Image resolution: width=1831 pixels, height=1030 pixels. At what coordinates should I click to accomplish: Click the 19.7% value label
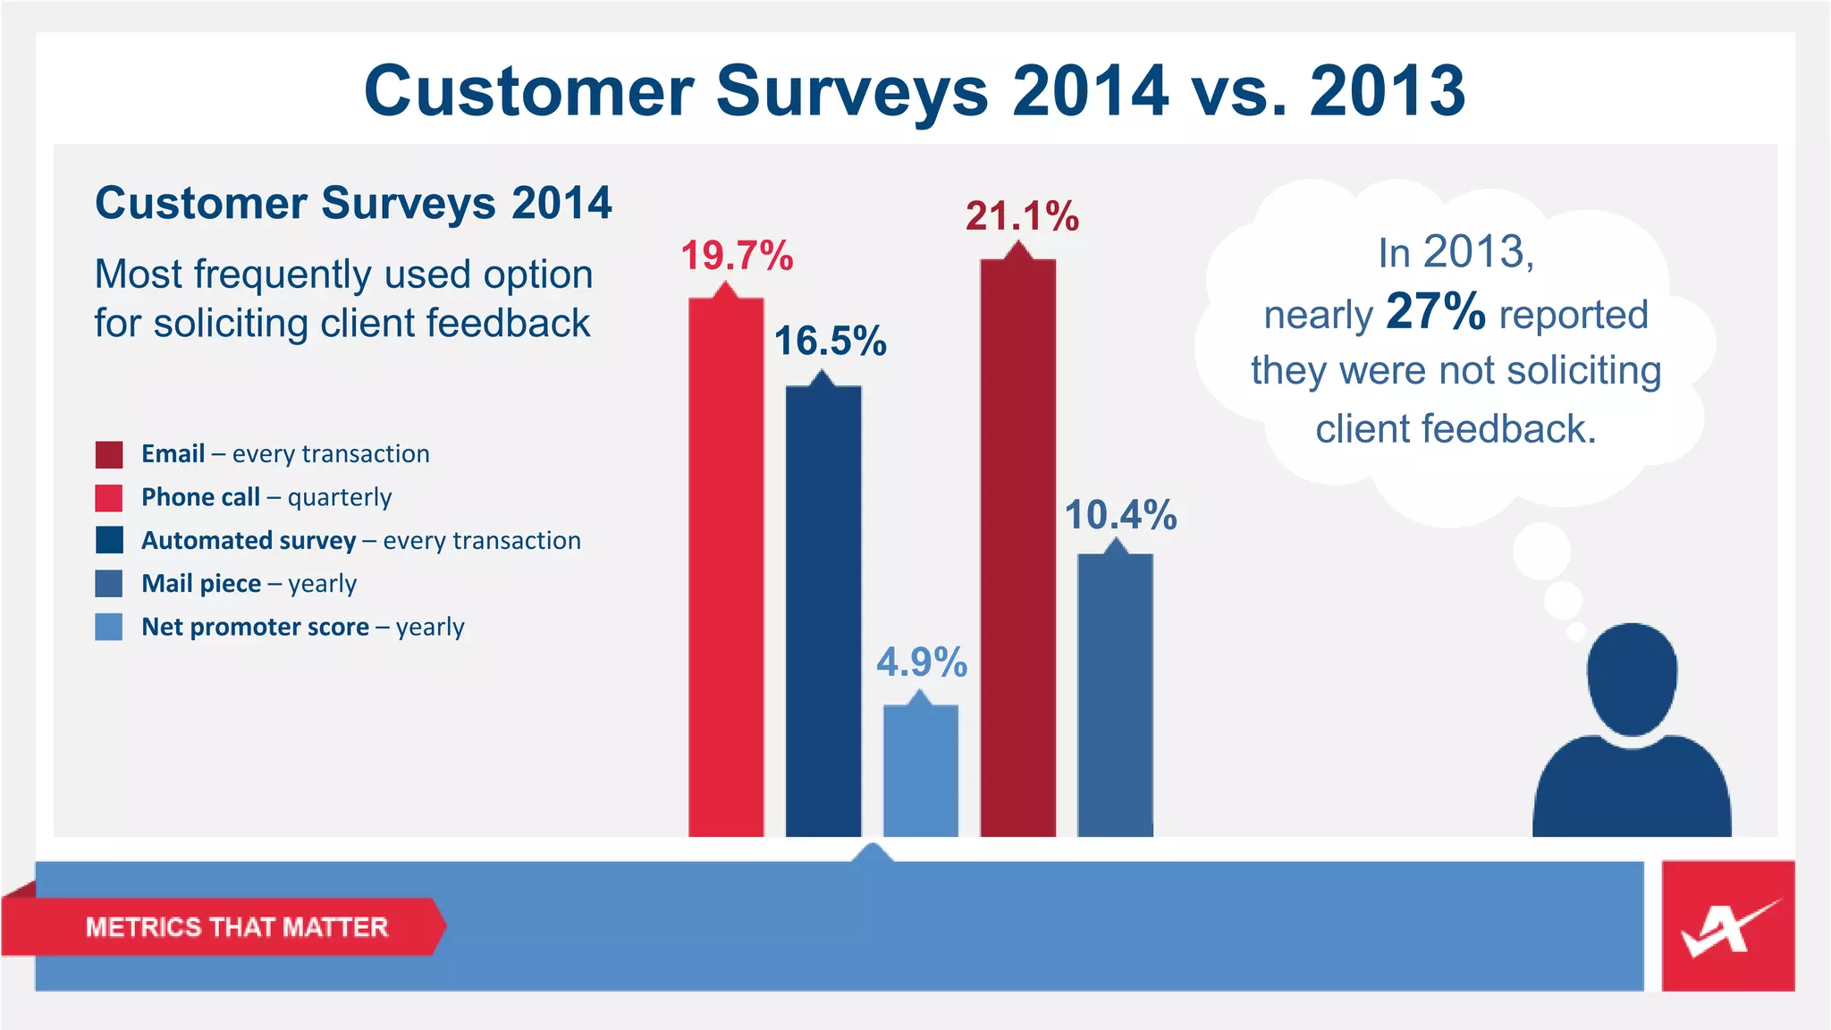[737, 257]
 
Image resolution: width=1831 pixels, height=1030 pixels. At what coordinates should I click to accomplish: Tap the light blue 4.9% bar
[920, 770]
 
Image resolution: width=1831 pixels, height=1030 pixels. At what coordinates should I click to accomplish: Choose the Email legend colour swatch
[109, 454]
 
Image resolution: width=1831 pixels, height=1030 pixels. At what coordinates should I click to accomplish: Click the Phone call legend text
[266, 497]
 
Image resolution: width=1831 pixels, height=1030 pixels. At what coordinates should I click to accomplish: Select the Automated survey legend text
[360, 541]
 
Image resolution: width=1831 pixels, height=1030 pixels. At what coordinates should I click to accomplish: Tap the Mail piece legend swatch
[109, 584]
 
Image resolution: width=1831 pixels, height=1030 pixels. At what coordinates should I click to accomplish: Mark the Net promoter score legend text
[302, 627]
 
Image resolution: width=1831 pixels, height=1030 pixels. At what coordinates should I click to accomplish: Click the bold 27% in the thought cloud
[1435, 312]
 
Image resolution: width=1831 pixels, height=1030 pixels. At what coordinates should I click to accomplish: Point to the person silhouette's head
[1632, 679]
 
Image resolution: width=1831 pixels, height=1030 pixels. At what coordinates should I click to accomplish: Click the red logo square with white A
[1727, 926]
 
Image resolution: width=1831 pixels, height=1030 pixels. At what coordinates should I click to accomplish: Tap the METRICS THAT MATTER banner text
[236, 927]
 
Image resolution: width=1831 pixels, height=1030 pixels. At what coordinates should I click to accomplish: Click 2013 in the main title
[1388, 91]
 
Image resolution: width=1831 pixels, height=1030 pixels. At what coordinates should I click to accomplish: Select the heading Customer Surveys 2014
[353, 203]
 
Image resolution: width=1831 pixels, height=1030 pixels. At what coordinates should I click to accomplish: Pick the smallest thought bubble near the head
[1576, 632]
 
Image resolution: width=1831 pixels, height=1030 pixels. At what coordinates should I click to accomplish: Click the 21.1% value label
[1022, 217]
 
